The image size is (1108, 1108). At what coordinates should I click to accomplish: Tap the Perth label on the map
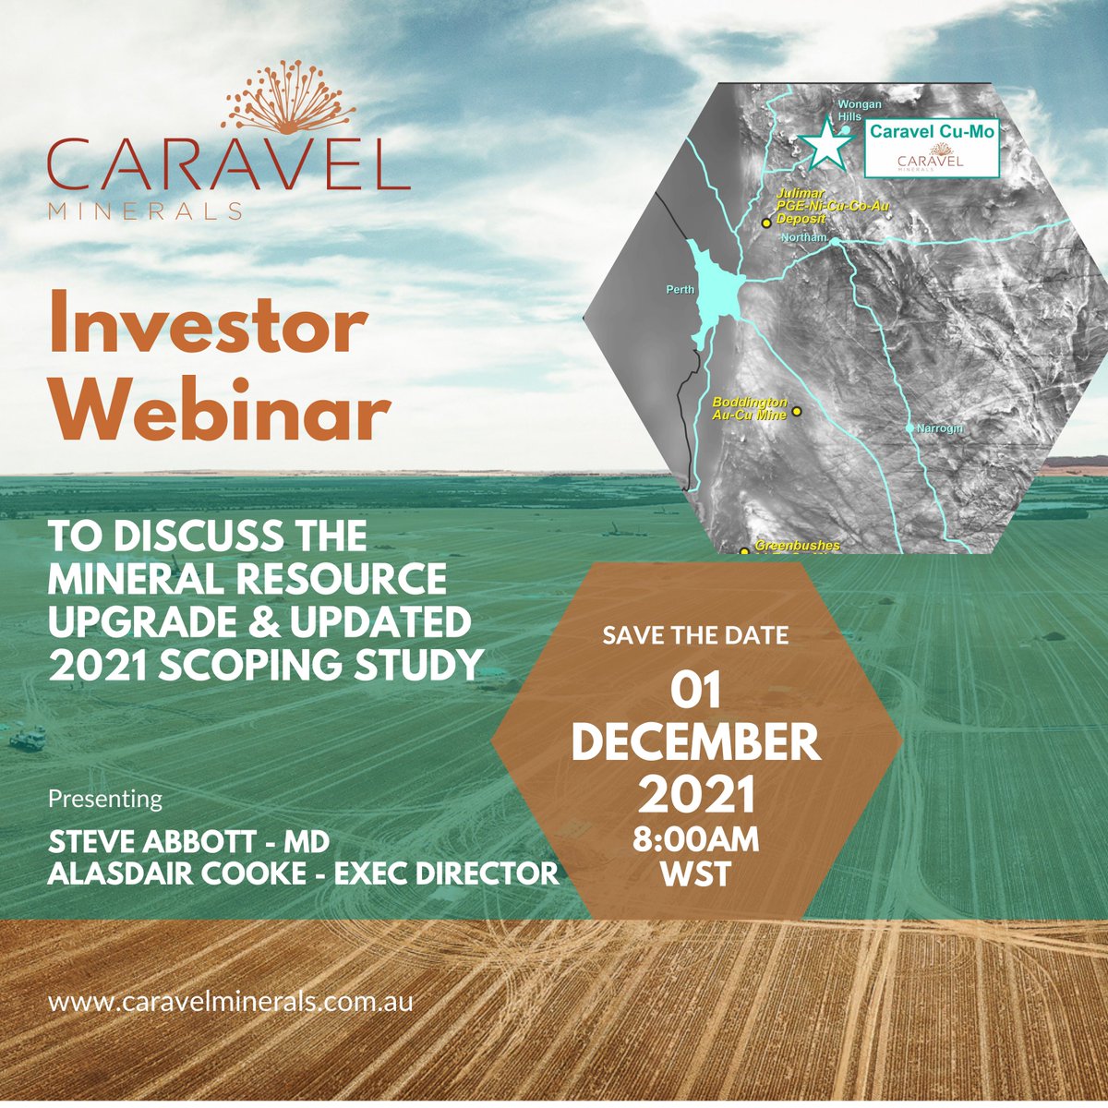pyautogui.click(x=680, y=290)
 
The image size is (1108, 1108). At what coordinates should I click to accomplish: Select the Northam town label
pyautogui.click(x=802, y=238)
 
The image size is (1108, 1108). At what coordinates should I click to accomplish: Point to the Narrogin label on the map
pyautogui.click(x=939, y=429)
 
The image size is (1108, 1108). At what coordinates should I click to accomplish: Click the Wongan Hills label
pyautogui.click(x=859, y=111)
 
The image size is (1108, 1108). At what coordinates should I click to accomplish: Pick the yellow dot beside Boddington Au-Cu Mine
pyautogui.click(x=798, y=411)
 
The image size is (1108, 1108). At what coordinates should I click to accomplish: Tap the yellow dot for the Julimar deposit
pyautogui.click(x=765, y=223)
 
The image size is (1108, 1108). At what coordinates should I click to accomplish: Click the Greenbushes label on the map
pyautogui.click(x=797, y=546)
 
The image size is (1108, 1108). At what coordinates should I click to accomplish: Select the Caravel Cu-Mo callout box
pyautogui.click(x=932, y=145)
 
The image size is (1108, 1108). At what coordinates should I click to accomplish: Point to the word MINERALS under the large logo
pyautogui.click(x=145, y=211)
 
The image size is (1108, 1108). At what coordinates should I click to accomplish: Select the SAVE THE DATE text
pyautogui.click(x=695, y=636)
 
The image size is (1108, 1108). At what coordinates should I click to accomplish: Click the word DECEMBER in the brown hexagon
pyautogui.click(x=696, y=743)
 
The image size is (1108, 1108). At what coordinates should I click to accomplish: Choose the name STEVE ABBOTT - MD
pyautogui.click(x=188, y=842)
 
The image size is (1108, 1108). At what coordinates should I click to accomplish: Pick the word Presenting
pyautogui.click(x=104, y=799)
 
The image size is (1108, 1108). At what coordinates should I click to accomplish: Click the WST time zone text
pyautogui.click(x=696, y=873)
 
